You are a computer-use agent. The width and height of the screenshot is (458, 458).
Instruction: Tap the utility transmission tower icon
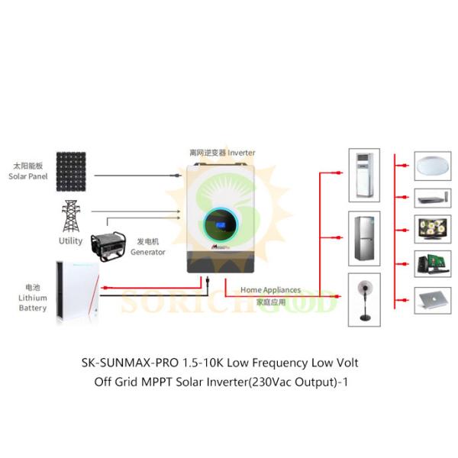71,217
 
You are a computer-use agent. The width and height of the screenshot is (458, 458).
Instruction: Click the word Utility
71,241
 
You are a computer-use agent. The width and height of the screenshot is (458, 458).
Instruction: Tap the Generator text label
147,252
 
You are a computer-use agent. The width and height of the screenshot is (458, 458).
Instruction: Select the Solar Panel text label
27,176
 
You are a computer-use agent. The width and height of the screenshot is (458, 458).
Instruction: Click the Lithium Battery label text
33,303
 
